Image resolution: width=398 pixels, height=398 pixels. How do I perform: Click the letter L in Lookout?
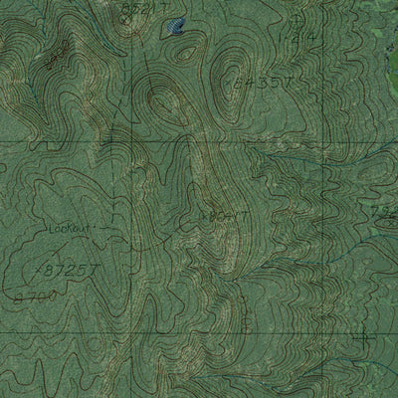click(50, 229)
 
